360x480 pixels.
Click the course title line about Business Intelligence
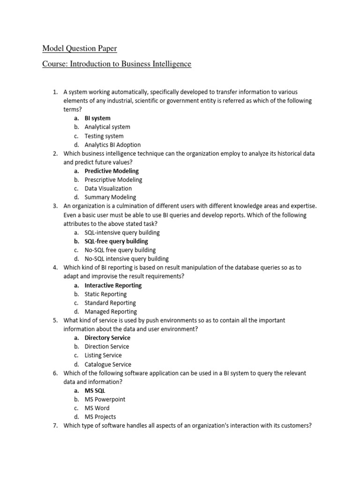[x=117, y=64]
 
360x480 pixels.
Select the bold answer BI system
[x=97, y=118]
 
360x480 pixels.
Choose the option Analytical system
[x=107, y=127]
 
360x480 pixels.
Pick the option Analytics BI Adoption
[x=112, y=145]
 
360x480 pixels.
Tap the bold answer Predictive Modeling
[x=112, y=171]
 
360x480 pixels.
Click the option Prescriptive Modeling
[x=113, y=180]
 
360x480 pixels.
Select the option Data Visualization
[x=108, y=188]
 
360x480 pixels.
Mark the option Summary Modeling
[x=110, y=197]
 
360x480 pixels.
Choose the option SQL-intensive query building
[x=122, y=232]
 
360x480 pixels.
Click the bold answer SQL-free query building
[x=116, y=241]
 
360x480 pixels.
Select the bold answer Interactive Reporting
[x=113, y=285]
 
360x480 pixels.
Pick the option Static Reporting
[x=105, y=294]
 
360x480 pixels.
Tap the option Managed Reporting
[x=111, y=312]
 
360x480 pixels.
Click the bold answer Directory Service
[x=107, y=337]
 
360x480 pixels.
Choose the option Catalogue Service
[x=108, y=364]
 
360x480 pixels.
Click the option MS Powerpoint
[x=105, y=399]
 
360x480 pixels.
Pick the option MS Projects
[x=100, y=417]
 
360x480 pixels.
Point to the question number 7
[x=55, y=426]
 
